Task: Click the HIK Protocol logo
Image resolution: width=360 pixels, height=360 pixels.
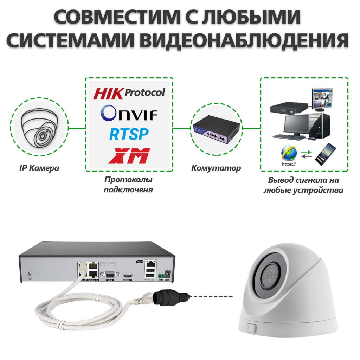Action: (x=129, y=93)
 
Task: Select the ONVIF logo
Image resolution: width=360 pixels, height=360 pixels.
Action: (x=129, y=113)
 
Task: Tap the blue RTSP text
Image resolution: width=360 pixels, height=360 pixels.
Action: (x=129, y=134)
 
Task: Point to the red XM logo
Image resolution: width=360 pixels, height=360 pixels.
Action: (x=129, y=155)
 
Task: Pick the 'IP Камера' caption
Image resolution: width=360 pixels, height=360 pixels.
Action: (x=39, y=168)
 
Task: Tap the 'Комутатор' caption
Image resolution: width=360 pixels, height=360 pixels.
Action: (x=216, y=168)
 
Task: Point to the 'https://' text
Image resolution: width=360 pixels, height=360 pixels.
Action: (x=289, y=164)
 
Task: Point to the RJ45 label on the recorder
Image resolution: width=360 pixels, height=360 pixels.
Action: (x=140, y=262)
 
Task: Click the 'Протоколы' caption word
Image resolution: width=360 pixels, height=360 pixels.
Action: (x=128, y=180)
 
